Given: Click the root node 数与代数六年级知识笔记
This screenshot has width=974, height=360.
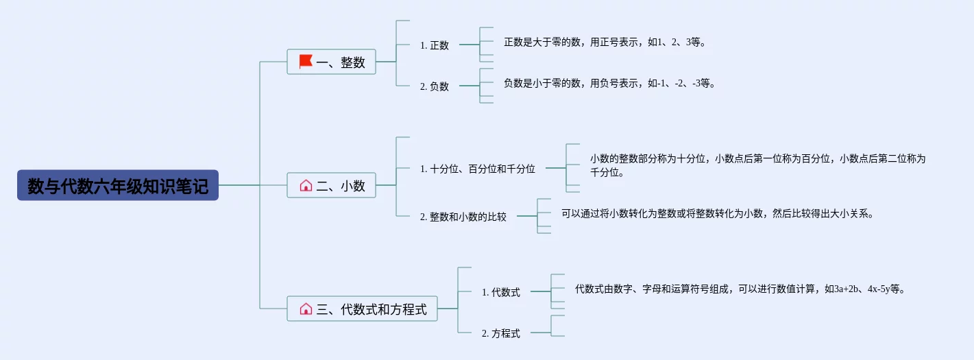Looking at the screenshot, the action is click(118, 185).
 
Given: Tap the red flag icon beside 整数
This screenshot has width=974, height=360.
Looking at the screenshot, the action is click(306, 61).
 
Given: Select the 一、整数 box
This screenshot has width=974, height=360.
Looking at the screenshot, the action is click(331, 62).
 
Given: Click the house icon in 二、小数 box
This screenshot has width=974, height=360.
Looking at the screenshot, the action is click(306, 186).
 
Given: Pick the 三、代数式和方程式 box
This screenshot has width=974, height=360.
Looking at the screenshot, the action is click(362, 309).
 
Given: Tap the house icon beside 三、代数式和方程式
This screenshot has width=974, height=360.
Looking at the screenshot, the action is click(306, 309).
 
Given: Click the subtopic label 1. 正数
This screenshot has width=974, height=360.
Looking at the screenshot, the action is click(435, 45).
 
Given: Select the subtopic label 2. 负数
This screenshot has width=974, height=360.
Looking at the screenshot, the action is click(435, 86).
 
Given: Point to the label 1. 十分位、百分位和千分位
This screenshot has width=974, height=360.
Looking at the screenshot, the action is click(478, 169).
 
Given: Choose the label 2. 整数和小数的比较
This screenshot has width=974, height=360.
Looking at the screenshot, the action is click(463, 217).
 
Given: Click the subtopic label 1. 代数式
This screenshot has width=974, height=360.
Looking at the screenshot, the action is click(501, 292).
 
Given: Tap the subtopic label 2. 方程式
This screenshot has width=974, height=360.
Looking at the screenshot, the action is click(501, 333).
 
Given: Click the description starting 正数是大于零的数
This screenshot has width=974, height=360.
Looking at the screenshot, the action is click(605, 43).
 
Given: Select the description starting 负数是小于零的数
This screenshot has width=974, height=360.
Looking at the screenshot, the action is click(609, 83).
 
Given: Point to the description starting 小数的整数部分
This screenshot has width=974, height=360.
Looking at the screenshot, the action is click(757, 165).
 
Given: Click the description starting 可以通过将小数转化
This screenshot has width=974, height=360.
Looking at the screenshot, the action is click(718, 213).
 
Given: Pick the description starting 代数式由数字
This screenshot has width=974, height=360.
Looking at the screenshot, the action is click(740, 289).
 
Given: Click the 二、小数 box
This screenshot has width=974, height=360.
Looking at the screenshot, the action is click(331, 185).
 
